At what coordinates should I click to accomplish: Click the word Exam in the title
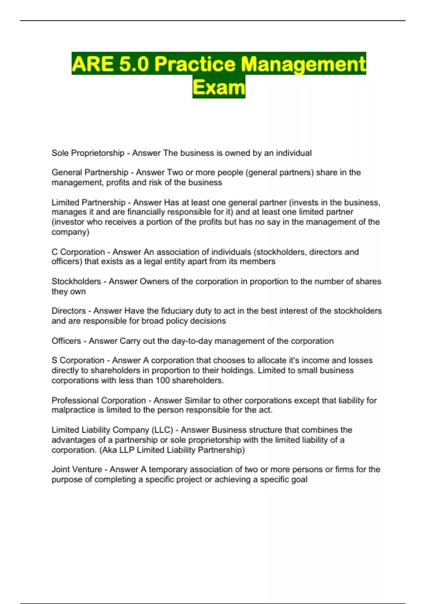click(219, 87)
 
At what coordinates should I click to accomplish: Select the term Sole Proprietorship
click(88, 153)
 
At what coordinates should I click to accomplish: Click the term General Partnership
click(90, 172)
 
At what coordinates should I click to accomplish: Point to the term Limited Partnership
click(88, 203)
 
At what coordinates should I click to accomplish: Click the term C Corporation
click(78, 252)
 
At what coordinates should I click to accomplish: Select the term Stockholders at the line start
click(76, 281)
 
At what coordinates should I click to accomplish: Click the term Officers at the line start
click(66, 341)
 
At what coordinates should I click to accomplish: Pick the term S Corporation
click(78, 360)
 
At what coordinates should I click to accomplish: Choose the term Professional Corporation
click(99, 400)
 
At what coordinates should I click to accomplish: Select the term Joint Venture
click(77, 469)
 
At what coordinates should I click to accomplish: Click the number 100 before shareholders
click(163, 381)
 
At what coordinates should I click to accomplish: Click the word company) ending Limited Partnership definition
click(70, 232)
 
